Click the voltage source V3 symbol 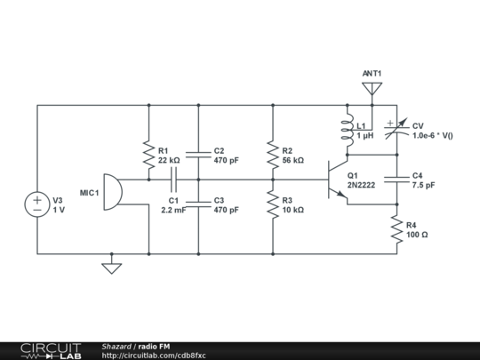coord(37,204)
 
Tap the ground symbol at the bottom coord(111,266)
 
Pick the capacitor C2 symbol coord(198,155)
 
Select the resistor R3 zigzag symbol coord(273,204)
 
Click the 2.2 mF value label coord(173,211)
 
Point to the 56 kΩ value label coord(292,161)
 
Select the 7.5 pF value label coord(423,186)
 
